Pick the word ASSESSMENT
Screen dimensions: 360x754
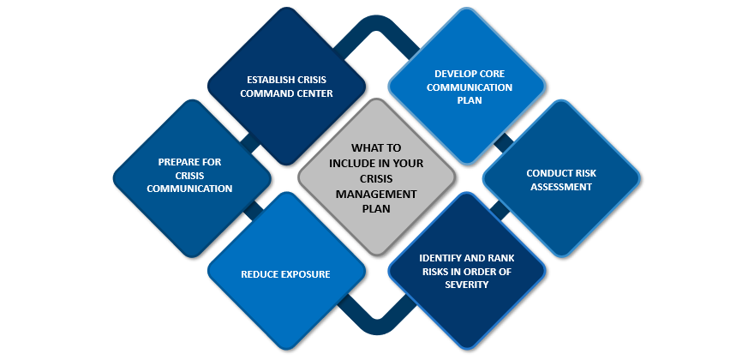(x=560, y=186)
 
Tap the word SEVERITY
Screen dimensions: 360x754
(x=467, y=285)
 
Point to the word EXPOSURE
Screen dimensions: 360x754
(x=305, y=275)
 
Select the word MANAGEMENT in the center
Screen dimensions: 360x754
(x=376, y=195)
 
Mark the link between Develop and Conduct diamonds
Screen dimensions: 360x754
(x=504, y=141)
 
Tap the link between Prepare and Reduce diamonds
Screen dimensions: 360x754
(x=251, y=211)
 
